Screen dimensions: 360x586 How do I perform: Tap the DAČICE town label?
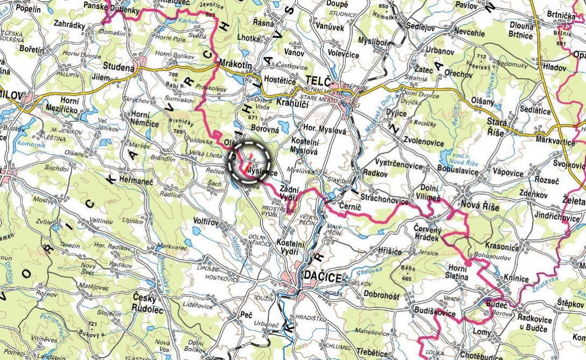click(323, 278)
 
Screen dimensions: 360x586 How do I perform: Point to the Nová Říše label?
click(480, 205)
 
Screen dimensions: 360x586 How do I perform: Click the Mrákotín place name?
click(235, 64)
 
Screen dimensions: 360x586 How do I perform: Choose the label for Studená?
click(118, 67)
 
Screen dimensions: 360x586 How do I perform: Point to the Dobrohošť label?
click(381, 296)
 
